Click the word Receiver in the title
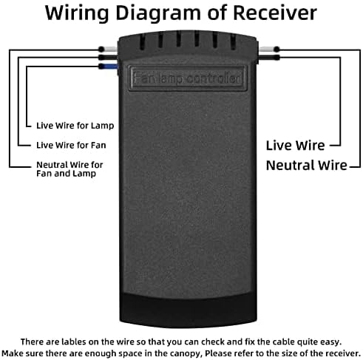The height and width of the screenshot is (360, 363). coord(275,13)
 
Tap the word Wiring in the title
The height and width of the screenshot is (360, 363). coord(77,14)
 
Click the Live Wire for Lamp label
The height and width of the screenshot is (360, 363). coord(75,126)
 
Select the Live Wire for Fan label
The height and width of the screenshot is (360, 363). coord(71,145)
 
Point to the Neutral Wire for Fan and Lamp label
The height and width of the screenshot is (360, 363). coord(69,169)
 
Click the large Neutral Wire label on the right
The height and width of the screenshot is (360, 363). coord(307,165)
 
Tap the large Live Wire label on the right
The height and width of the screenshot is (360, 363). coord(295,146)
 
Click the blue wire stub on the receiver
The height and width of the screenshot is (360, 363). coord(109,66)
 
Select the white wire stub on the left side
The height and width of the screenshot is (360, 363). coord(108,49)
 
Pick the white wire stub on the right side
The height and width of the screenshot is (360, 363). coord(269,49)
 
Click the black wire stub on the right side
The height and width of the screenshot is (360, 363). coord(269,58)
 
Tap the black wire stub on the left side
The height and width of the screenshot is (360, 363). coord(108,58)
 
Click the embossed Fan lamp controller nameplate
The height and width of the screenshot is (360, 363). coord(187,78)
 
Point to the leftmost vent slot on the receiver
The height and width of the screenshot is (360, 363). coord(142,41)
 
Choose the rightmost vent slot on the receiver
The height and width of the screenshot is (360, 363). coord(233,41)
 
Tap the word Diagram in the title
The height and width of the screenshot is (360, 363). coord(158,14)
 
